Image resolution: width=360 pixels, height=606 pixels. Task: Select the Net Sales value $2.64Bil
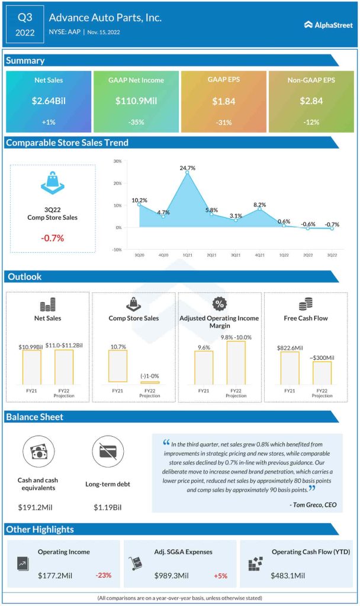point(49,101)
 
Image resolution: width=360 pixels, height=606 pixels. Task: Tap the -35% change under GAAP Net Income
point(136,123)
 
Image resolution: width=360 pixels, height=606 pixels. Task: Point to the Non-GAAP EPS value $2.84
point(311,101)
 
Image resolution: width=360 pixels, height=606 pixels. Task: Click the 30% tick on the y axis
point(117,161)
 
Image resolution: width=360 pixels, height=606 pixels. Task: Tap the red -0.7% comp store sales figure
point(52,238)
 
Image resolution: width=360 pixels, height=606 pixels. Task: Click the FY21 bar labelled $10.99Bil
point(29,366)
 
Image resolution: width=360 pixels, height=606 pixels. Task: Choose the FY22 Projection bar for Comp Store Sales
point(149,382)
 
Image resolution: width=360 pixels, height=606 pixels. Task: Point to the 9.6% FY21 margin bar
point(203,368)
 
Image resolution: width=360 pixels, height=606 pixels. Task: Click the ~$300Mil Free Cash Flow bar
point(322,372)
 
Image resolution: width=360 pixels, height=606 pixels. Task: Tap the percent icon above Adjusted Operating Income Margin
point(219,305)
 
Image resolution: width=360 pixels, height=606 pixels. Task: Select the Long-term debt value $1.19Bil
point(107,507)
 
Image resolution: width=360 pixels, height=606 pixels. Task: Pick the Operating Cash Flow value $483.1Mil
point(288,575)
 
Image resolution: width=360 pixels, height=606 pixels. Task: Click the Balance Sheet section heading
point(35,417)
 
